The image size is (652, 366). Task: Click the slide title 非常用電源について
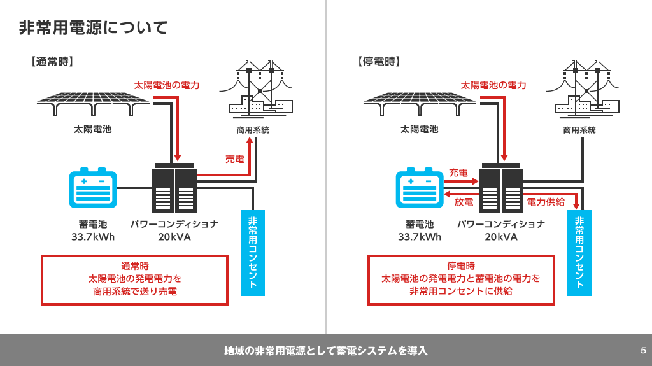click(94, 27)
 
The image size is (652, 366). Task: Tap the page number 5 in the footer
click(643, 350)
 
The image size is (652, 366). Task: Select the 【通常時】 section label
click(52, 62)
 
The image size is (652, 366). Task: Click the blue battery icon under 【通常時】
click(93, 188)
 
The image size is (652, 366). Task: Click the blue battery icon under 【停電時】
click(420, 188)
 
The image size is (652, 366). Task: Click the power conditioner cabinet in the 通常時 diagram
click(174, 188)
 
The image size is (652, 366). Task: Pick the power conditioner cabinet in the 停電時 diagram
click(501, 188)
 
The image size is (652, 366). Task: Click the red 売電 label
click(235, 159)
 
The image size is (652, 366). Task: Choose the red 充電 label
click(458, 172)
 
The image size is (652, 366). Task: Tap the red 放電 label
click(464, 202)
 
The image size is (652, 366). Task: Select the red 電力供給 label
click(546, 202)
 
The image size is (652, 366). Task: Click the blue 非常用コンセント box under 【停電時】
click(579, 253)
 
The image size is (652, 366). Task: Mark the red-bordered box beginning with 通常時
click(134, 279)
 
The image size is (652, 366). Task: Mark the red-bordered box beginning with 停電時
click(461, 279)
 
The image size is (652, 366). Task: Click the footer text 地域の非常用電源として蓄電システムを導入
click(326, 350)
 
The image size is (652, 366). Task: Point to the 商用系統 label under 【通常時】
click(253, 130)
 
